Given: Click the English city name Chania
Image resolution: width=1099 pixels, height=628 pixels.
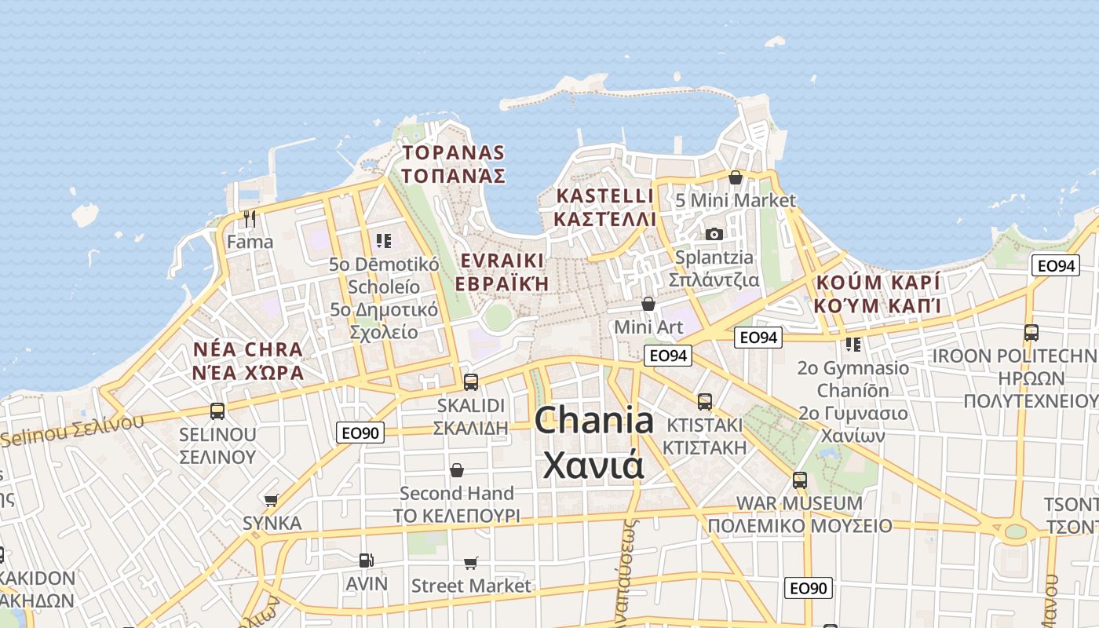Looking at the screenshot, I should tap(593, 421).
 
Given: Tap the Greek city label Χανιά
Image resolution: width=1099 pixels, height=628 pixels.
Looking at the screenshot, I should tap(593, 465).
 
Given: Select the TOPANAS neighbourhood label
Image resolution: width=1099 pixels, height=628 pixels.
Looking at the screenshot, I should tap(453, 152).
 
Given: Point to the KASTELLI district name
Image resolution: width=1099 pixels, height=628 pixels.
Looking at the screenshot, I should tap(604, 195).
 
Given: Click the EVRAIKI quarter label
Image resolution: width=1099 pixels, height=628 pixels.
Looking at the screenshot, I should tap(502, 261).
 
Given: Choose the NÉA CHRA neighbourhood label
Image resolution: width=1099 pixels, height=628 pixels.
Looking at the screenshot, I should tap(247, 349).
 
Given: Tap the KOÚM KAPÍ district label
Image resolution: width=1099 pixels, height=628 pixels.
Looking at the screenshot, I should tap(878, 283).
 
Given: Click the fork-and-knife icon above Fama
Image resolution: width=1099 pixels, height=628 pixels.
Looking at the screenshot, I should tap(250, 218).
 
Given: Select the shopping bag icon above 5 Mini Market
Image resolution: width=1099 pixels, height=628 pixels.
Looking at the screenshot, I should tap(736, 177).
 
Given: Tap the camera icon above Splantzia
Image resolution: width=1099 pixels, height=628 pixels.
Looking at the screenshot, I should tap(714, 234).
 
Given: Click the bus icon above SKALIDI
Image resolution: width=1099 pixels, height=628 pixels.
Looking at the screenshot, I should tap(471, 382).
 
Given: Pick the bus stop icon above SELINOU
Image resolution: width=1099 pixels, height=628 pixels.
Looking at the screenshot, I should tap(217, 411).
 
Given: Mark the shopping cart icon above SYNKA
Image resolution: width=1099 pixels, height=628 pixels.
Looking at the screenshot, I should tap(272, 500).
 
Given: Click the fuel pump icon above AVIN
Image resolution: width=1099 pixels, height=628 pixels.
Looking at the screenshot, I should tap(366, 560).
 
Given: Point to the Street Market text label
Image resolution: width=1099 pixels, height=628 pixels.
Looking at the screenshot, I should tap(471, 586).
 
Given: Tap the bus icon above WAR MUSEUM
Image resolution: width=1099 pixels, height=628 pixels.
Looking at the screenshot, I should tap(800, 480).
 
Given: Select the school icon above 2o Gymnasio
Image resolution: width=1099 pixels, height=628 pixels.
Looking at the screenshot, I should tap(853, 344).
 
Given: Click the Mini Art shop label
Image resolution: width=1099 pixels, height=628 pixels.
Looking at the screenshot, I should tap(648, 326).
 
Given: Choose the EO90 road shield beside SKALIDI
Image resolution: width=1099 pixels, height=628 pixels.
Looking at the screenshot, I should tap(360, 432).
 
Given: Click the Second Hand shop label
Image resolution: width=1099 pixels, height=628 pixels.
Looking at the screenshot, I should tap(456, 493).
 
